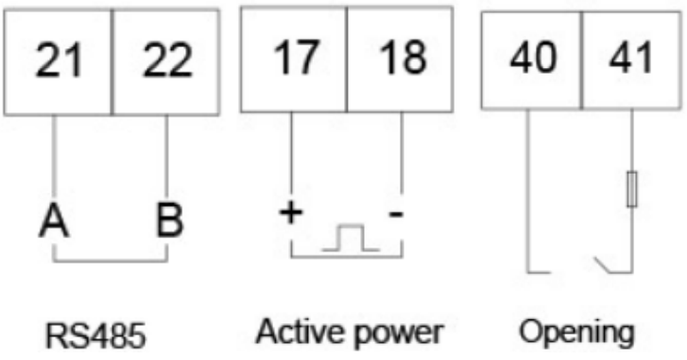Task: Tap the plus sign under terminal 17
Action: [x=289, y=214]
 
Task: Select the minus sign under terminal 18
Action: [x=397, y=214]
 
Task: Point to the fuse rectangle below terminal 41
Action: [x=631, y=189]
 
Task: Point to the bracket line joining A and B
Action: [x=112, y=260]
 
